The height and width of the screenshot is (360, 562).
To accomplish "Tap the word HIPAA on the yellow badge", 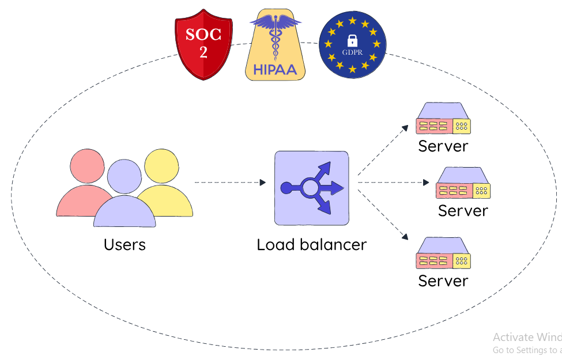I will click(275, 69).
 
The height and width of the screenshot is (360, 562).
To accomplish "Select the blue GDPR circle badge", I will click(352, 45).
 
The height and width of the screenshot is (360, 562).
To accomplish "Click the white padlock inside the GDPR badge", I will click(352, 41).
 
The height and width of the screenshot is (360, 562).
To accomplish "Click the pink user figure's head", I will click(88, 166).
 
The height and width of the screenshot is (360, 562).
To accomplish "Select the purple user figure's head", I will click(124, 177).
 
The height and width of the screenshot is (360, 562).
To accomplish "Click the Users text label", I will click(125, 244).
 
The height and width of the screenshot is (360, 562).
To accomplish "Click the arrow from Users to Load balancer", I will click(230, 182).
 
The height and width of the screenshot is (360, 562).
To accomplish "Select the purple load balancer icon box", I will click(311, 188).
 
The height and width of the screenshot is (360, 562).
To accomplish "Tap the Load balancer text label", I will click(311, 244).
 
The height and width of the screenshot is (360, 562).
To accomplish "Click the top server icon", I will click(443, 119).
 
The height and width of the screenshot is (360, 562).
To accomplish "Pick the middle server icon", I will click(463, 183).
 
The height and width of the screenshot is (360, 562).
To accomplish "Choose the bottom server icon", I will click(443, 253).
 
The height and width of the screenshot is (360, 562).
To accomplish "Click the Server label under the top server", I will click(443, 146).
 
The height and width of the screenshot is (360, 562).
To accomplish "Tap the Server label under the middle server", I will click(463, 211).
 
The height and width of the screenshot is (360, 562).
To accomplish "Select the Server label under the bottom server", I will click(443, 281).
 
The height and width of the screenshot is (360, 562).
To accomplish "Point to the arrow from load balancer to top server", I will click(383, 149).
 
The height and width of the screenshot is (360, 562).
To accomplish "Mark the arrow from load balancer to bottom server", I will click(383, 215).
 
